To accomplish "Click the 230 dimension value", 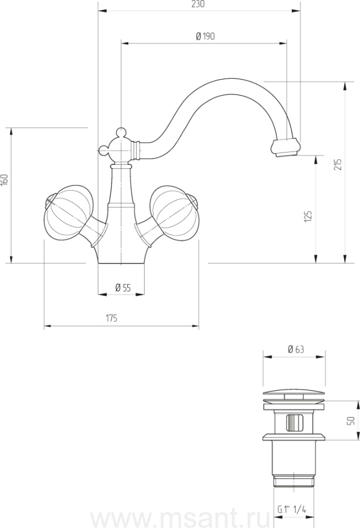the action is click(198, 4).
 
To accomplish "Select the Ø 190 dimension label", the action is click(205, 36).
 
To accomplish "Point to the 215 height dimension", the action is click(338, 164).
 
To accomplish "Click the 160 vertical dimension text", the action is click(4, 180).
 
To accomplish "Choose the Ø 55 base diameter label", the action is click(123, 288).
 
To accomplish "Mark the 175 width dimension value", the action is click(112, 318).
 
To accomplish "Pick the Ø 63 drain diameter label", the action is click(296, 350).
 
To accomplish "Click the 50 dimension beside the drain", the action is click(351, 421).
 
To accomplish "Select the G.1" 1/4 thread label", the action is click(292, 509).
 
